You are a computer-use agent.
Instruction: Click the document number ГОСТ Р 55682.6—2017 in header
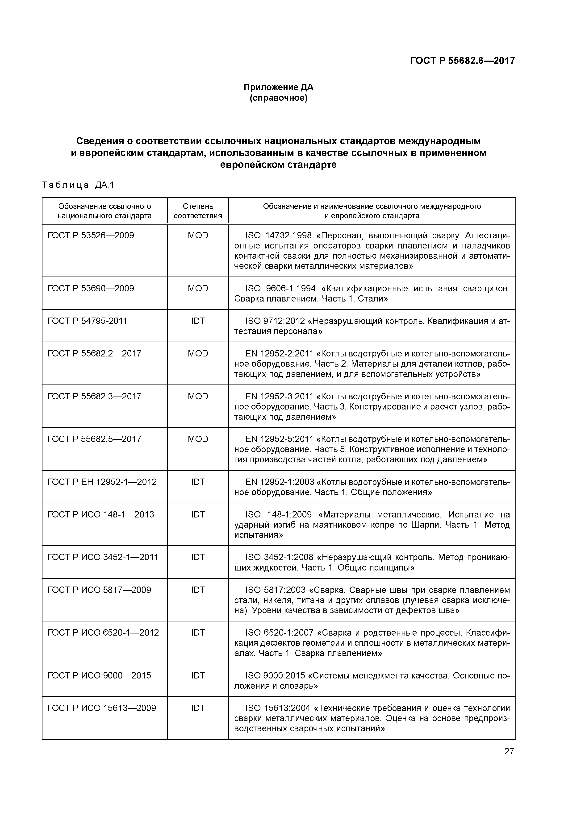[x=462, y=61]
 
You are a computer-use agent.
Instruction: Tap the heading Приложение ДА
[x=278, y=87]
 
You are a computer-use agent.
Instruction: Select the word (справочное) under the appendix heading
[x=278, y=98]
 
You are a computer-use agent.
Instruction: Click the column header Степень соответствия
[x=198, y=211]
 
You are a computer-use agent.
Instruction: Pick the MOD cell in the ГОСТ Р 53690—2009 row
[x=198, y=289]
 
